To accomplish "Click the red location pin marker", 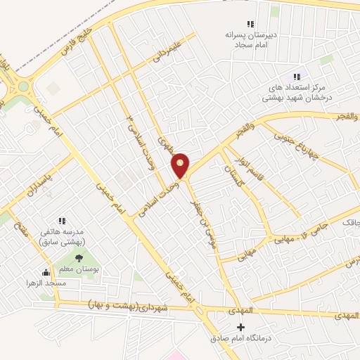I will tap(181, 165).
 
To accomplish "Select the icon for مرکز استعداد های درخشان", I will tap(297, 77).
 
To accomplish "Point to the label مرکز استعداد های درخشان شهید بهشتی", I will tap(297, 91).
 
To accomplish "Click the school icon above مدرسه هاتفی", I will tap(62, 220).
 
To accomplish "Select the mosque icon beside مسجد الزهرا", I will tap(47, 272).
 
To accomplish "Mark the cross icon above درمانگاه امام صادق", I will tap(241, 326).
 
